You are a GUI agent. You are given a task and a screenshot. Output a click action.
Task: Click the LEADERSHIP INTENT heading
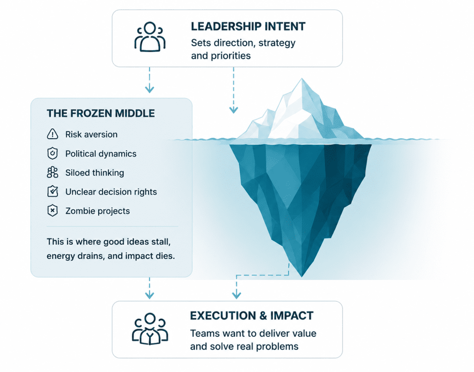click(248, 26)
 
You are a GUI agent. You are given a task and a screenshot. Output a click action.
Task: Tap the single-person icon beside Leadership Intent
click(150, 37)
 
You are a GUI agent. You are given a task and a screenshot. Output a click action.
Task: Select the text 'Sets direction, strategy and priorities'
click(243, 49)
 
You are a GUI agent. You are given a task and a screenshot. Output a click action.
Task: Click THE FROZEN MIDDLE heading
click(100, 113)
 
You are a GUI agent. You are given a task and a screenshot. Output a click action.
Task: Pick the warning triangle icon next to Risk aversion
click(53, 134)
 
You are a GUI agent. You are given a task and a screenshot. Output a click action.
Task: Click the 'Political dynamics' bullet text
click(101, 154)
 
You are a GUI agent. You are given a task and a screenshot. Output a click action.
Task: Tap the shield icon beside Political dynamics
click(53, 153)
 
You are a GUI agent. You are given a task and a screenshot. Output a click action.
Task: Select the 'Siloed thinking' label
click(94, 173)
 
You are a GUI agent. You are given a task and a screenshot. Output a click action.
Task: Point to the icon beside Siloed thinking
click(53, 172)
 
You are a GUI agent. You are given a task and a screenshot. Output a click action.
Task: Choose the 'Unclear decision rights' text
click(111, 192)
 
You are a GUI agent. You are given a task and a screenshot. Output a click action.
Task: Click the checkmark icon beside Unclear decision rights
click(53, 191)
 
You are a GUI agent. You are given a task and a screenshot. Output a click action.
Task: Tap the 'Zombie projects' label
click(98, 211)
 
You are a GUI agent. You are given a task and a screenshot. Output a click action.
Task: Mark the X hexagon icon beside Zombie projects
click(53, 211)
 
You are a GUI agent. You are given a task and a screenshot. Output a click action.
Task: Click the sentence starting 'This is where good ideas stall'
click(111, 249)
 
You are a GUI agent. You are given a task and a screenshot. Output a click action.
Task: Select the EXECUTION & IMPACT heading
click(252, 316)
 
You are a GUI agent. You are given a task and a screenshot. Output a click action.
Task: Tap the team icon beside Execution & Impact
click(150, 329)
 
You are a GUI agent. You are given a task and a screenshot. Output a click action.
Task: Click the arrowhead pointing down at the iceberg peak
click(233, 110)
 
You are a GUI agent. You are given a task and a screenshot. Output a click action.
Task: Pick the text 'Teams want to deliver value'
click(253, 333)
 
